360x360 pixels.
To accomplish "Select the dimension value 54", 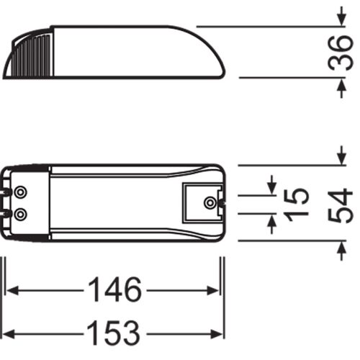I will click(339, 204).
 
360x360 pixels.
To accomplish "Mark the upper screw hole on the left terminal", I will click(21, 192).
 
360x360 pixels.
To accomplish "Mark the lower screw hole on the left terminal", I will click(21, 214).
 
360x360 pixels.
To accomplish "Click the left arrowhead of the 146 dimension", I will click(12, 291).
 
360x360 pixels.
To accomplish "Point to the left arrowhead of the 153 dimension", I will click(12, 333).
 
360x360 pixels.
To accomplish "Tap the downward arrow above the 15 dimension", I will click(271, 186).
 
